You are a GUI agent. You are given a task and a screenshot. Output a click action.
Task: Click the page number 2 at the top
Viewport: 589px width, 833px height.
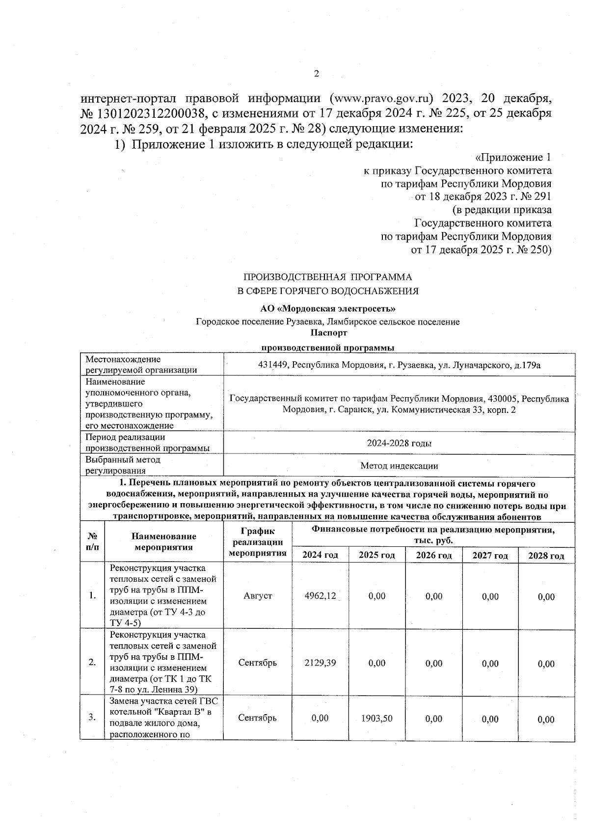point(316,74)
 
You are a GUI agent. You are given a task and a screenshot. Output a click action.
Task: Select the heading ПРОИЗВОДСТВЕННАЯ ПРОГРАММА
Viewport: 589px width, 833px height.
point(328,277)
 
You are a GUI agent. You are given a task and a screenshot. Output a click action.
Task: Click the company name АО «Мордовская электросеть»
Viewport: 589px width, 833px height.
point(327,309)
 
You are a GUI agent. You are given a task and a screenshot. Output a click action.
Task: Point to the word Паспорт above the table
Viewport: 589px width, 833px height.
point(328,333)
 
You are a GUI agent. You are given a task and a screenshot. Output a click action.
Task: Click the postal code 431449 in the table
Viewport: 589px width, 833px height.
point(273,366)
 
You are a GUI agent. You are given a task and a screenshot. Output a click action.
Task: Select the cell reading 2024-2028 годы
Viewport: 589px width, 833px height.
point(399,443)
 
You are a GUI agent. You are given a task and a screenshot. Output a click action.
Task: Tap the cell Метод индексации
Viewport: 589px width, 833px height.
point(399,466)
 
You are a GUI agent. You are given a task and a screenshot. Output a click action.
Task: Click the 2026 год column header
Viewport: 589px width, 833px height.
point(434,555)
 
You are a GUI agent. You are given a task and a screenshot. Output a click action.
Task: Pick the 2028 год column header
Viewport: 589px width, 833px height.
point(546,556)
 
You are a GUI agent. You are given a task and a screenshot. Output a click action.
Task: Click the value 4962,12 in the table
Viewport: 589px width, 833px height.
point(320,596)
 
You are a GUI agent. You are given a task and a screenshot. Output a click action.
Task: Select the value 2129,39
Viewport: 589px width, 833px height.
point(320,663)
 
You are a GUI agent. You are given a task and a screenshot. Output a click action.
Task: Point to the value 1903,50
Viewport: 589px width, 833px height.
point(376,718)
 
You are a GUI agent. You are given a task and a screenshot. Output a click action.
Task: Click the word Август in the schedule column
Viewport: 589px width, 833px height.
point(257,596)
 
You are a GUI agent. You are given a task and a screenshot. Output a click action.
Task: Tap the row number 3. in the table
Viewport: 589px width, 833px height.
point(92,718)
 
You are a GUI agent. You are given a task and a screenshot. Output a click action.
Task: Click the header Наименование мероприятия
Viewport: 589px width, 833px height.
point(163,542)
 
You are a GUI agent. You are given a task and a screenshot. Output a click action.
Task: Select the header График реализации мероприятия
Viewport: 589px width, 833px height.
point(257,542)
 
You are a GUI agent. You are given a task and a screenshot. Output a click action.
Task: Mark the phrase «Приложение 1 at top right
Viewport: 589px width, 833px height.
point(513,158)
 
